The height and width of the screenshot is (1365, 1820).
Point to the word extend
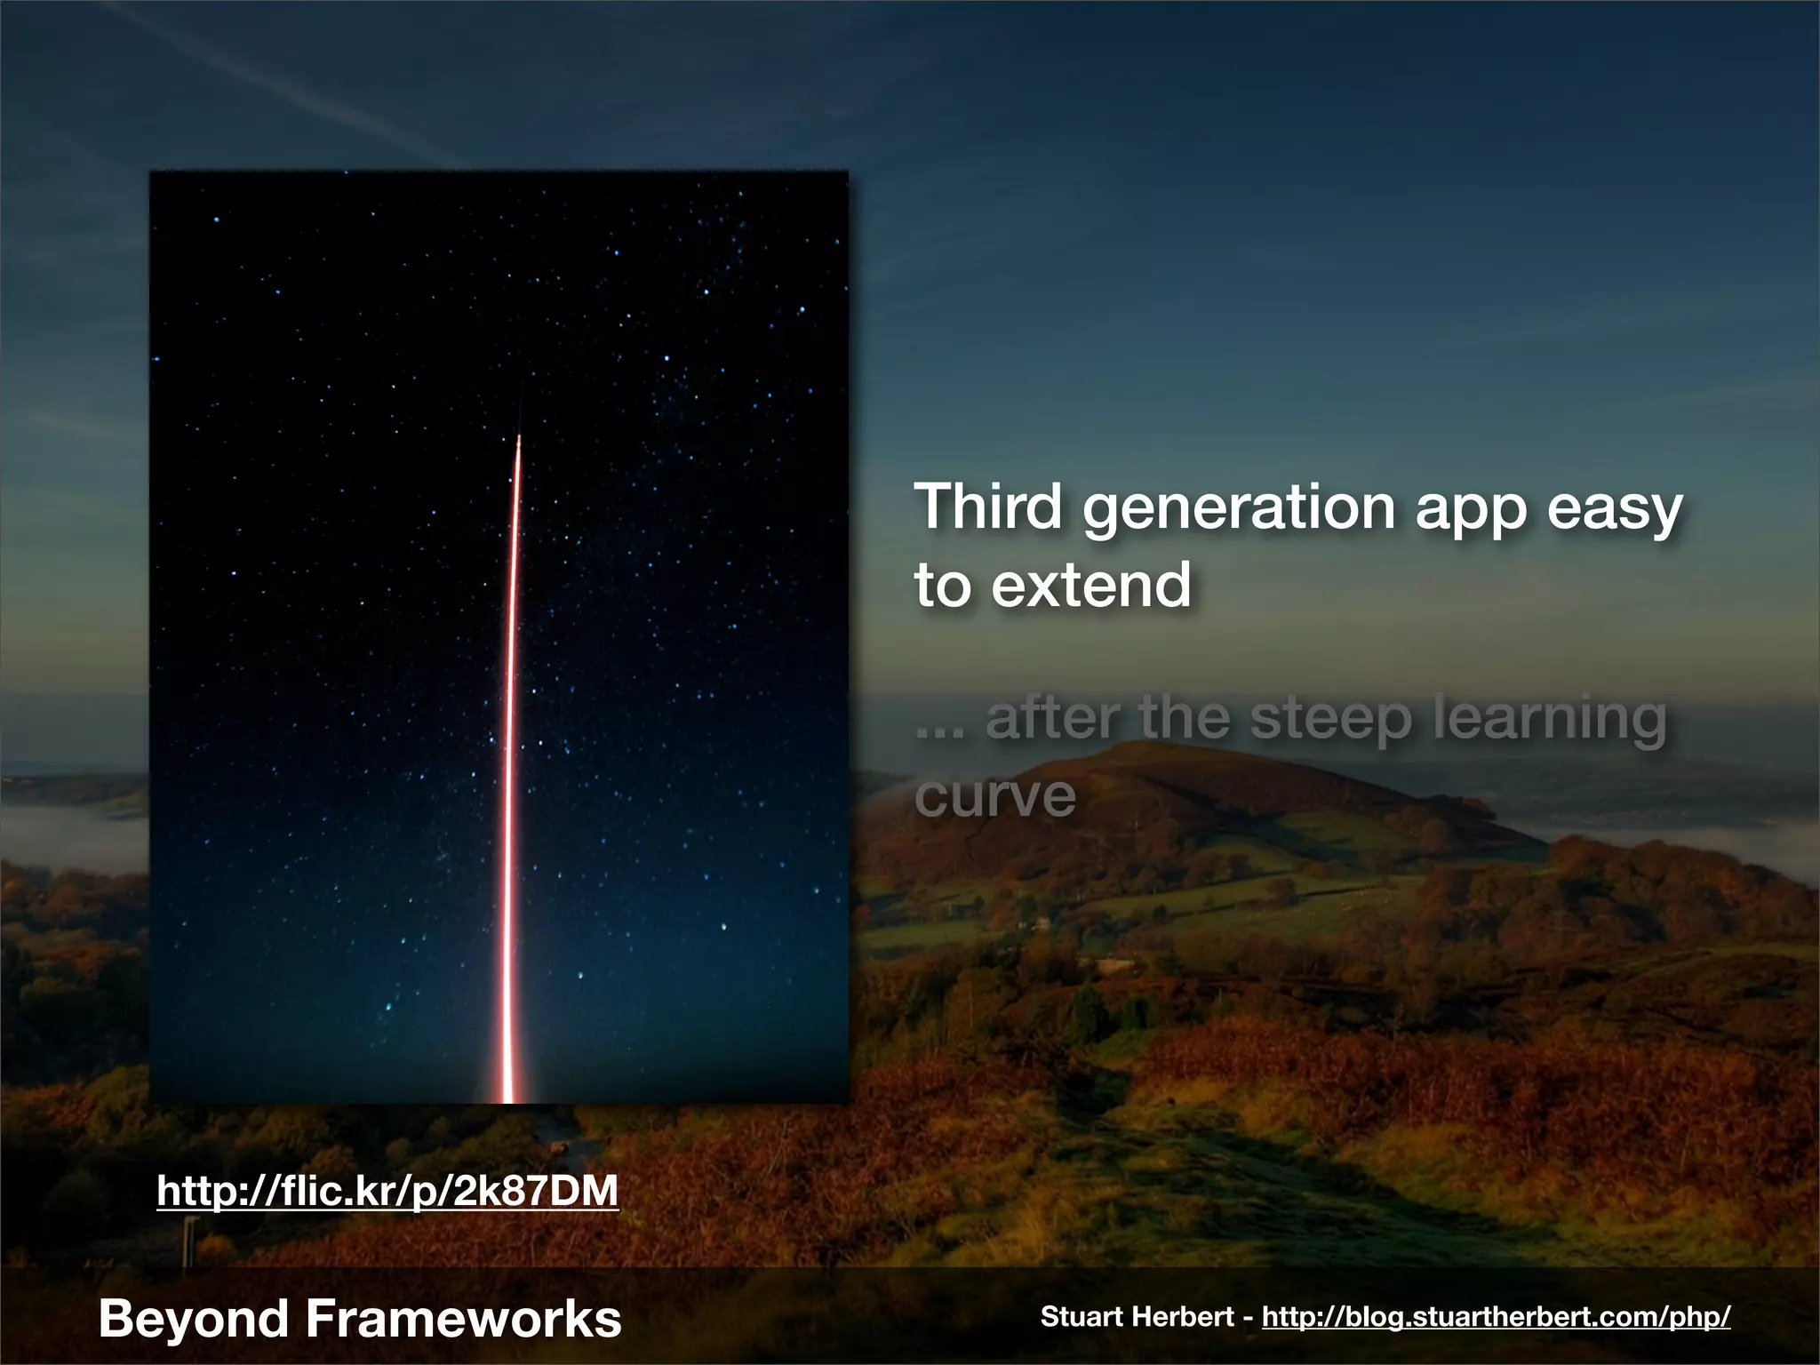coord(1090,586)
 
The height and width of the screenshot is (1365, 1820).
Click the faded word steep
coord(1330,720)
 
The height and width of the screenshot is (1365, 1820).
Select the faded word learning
coord(1550,720)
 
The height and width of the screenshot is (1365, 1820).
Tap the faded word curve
coord(994,796)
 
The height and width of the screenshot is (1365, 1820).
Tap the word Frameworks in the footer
coord(463,1319)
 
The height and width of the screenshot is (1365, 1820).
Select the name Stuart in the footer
coord(1077,1317)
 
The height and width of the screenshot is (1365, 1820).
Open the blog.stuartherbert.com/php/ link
coord(1496,1317)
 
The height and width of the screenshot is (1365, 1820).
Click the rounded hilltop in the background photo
coord(1146,755)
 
